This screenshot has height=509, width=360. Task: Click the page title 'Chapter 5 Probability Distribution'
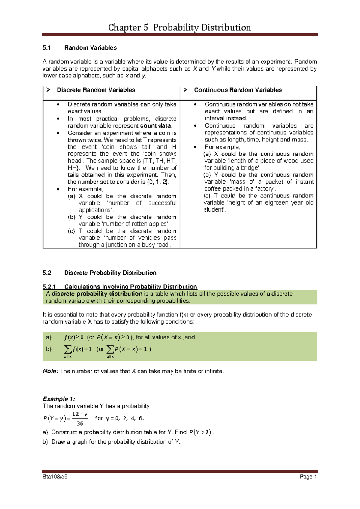(179, 28)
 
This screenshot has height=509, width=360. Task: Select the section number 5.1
(47, 48)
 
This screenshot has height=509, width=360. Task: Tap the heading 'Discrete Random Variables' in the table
(96, 90)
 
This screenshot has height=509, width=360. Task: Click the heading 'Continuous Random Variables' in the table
(238, 90)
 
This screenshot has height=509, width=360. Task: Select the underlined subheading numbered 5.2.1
(120, 287)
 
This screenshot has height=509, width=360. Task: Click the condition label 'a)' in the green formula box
(49, 337)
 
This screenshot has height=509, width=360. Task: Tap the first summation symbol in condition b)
(68, 349)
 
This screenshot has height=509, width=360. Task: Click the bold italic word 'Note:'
(50, 371)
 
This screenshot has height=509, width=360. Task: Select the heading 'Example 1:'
(59, 399)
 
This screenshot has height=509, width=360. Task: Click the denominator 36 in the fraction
(80, 423)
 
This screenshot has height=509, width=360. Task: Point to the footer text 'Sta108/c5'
(55, 477)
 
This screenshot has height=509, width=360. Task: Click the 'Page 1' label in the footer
(308, 477)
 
